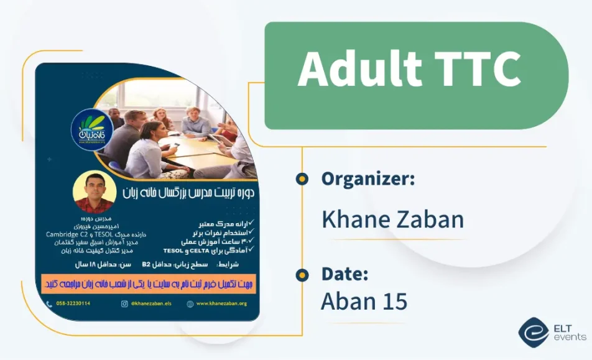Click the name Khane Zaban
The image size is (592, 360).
pos(392,219)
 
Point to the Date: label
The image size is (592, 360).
pos(345,274)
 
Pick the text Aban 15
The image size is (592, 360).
pos(364,302)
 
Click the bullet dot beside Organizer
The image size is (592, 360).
pos(302,179)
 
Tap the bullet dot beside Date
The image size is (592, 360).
pos(302,274)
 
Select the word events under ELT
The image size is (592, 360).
pos(570,337)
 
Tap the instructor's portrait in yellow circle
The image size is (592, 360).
pos(94,192)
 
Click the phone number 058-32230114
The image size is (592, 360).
pos(73,303)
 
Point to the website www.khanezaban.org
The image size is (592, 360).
pos(221,303)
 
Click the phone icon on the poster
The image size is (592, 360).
pos(50,303)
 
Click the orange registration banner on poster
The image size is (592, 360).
pos(149,283)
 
